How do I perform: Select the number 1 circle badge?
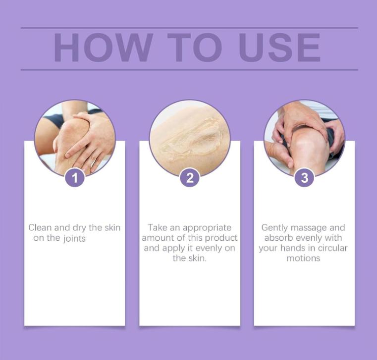pos(75,178)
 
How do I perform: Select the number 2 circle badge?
pos(190,178)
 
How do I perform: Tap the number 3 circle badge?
pos(304,178)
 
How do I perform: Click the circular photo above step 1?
pos(75,136)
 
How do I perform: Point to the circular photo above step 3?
pos(304,136)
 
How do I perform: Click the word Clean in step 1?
pos(40,228)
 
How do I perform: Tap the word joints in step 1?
pos(74,238)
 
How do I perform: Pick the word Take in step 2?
pos(158,228)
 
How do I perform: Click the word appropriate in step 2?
pos(207,228)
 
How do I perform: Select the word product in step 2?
pos(221,238)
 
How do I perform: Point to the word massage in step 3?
pos(311,228)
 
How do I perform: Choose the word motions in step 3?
pos(303,258)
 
